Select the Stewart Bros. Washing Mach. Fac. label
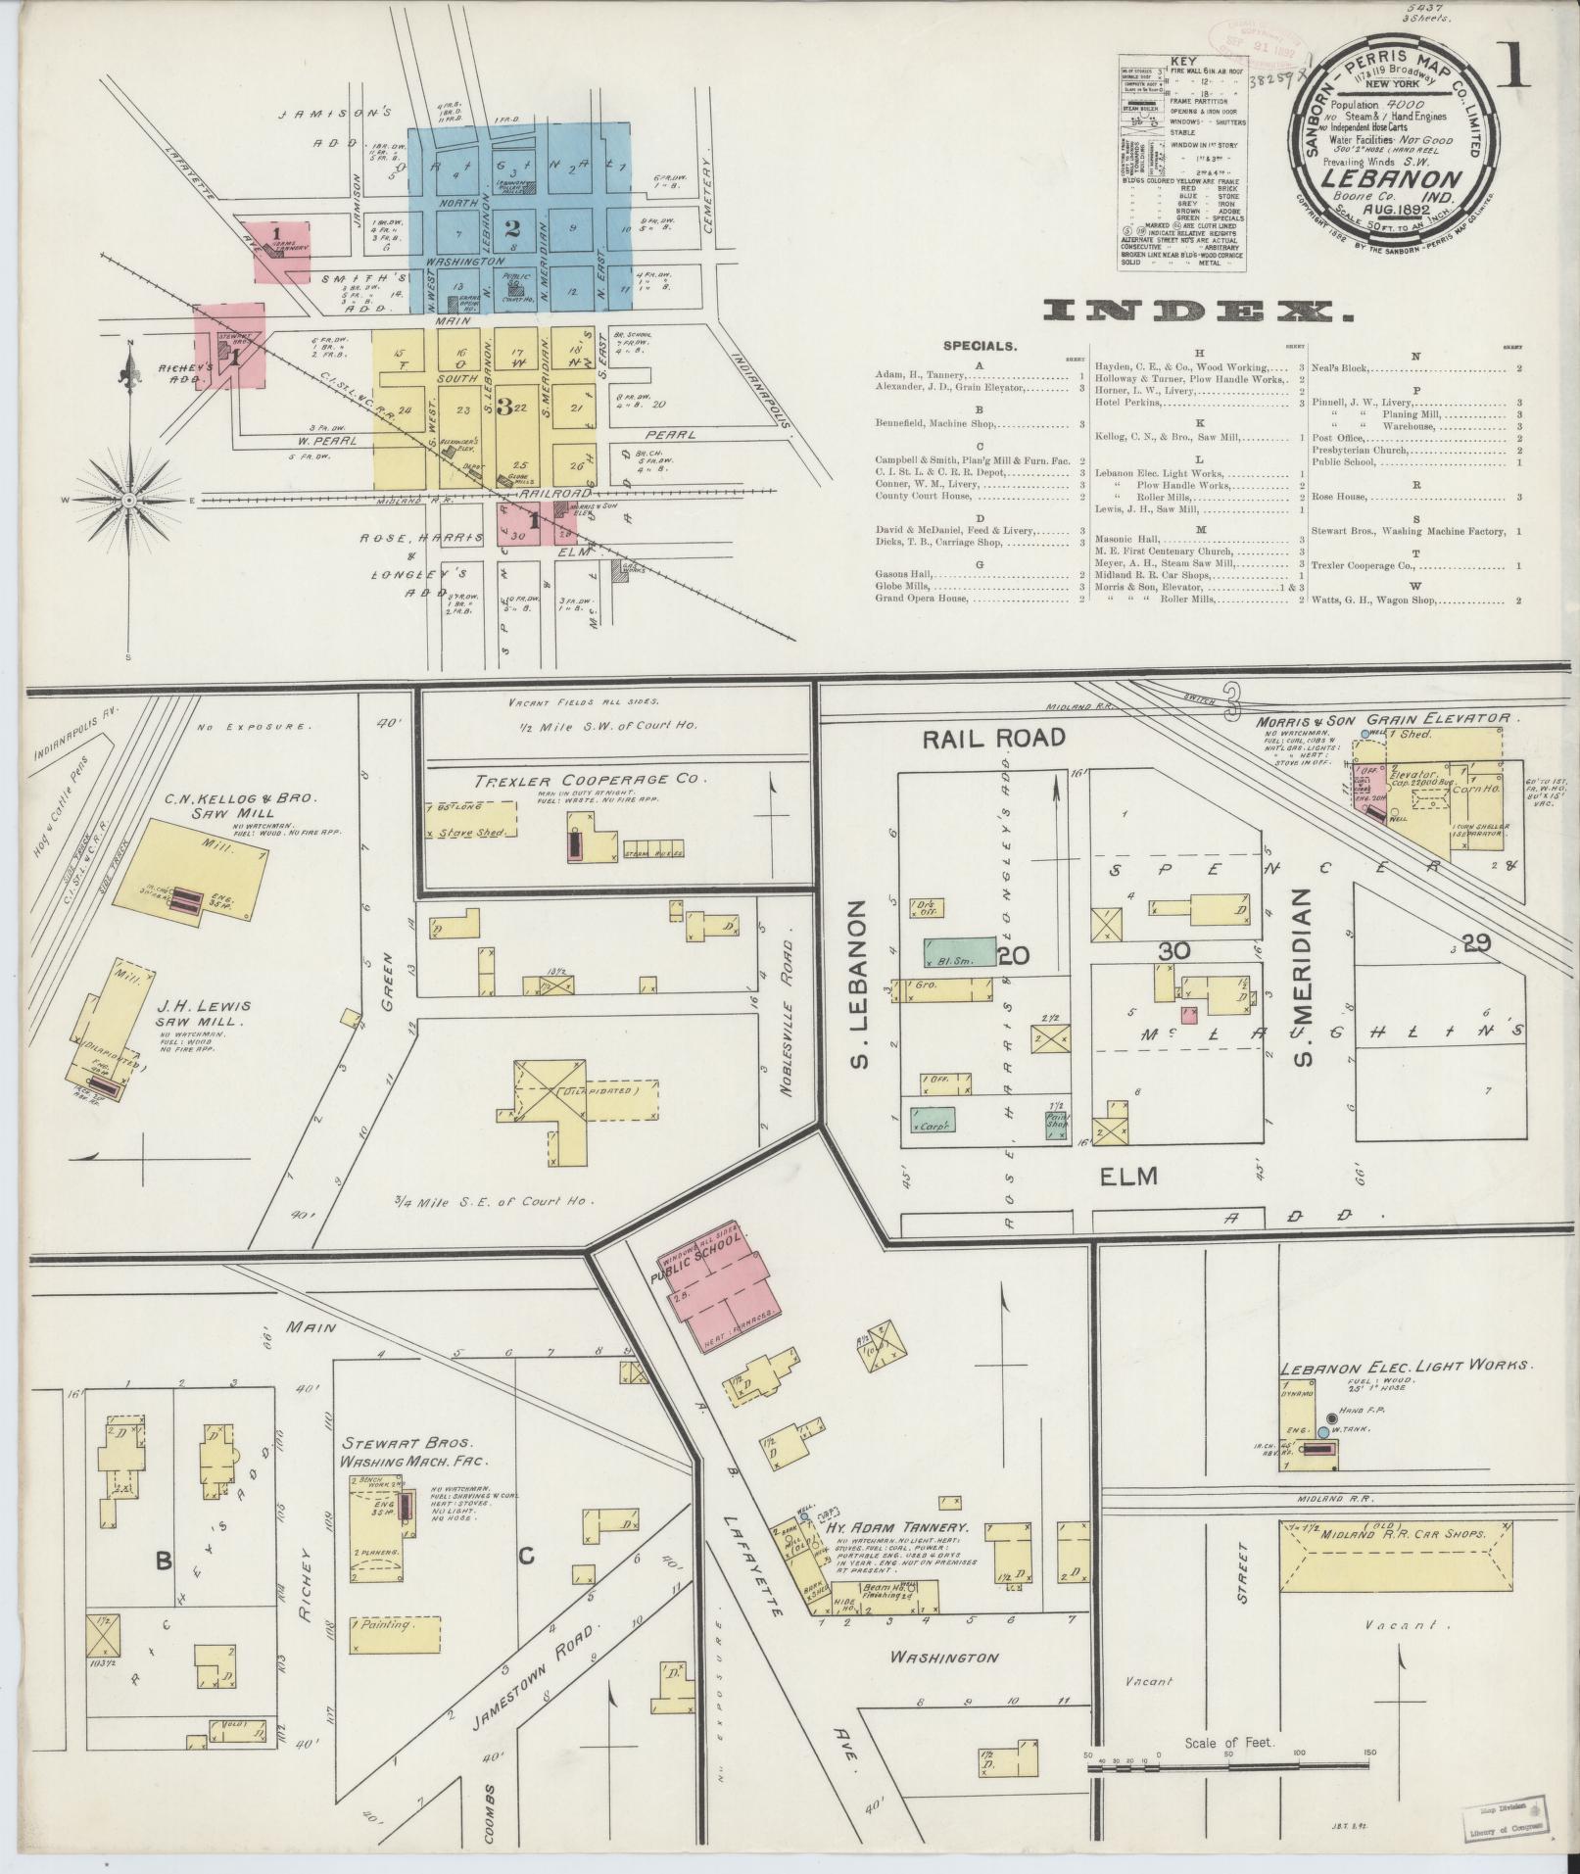(x=413, y=1479)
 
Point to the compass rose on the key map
(x=128, y=500)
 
